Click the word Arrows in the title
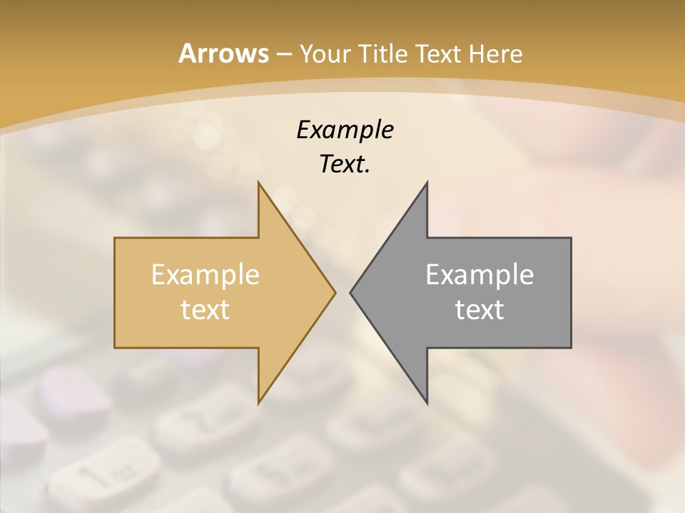pos(223,54)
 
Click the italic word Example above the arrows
pos(345,130)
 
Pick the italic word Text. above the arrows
pos(345,165)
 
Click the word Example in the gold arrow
pos(205,274)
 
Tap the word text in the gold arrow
pos(205,309)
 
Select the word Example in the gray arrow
pos(479,274)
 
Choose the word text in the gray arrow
pos(479,309)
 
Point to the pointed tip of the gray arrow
pos(351,292)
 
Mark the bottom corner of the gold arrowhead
pos(259,402)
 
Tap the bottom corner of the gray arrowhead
pos(427,402)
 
